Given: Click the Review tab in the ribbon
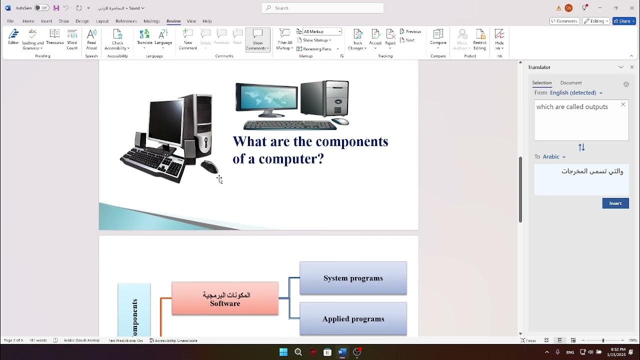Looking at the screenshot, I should (x=173, y=21).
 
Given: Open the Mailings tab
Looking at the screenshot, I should (x=151, y=21).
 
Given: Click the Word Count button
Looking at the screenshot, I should (x=72, y=39).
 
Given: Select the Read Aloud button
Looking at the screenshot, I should (x=91, y=39).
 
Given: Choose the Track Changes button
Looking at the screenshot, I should (x=357, y=39).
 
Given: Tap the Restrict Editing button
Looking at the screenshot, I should (x=479, y=39).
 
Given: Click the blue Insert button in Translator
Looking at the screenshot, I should (x=615, y=203).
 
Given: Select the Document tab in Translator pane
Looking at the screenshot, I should (x=570, y=83).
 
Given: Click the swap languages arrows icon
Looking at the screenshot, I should (x=581, y=147).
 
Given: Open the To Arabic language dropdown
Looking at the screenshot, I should (x=553, y=157).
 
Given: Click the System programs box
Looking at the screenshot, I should (x=353, y=278).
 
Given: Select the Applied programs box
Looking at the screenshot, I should (x=353, y=319).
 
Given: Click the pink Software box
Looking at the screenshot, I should (x=225, y=299).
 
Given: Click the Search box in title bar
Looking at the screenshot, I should (x=322, y=8).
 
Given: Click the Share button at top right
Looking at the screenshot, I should (x=622, y=21).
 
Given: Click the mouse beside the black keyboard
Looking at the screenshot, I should (x=209, y=167).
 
